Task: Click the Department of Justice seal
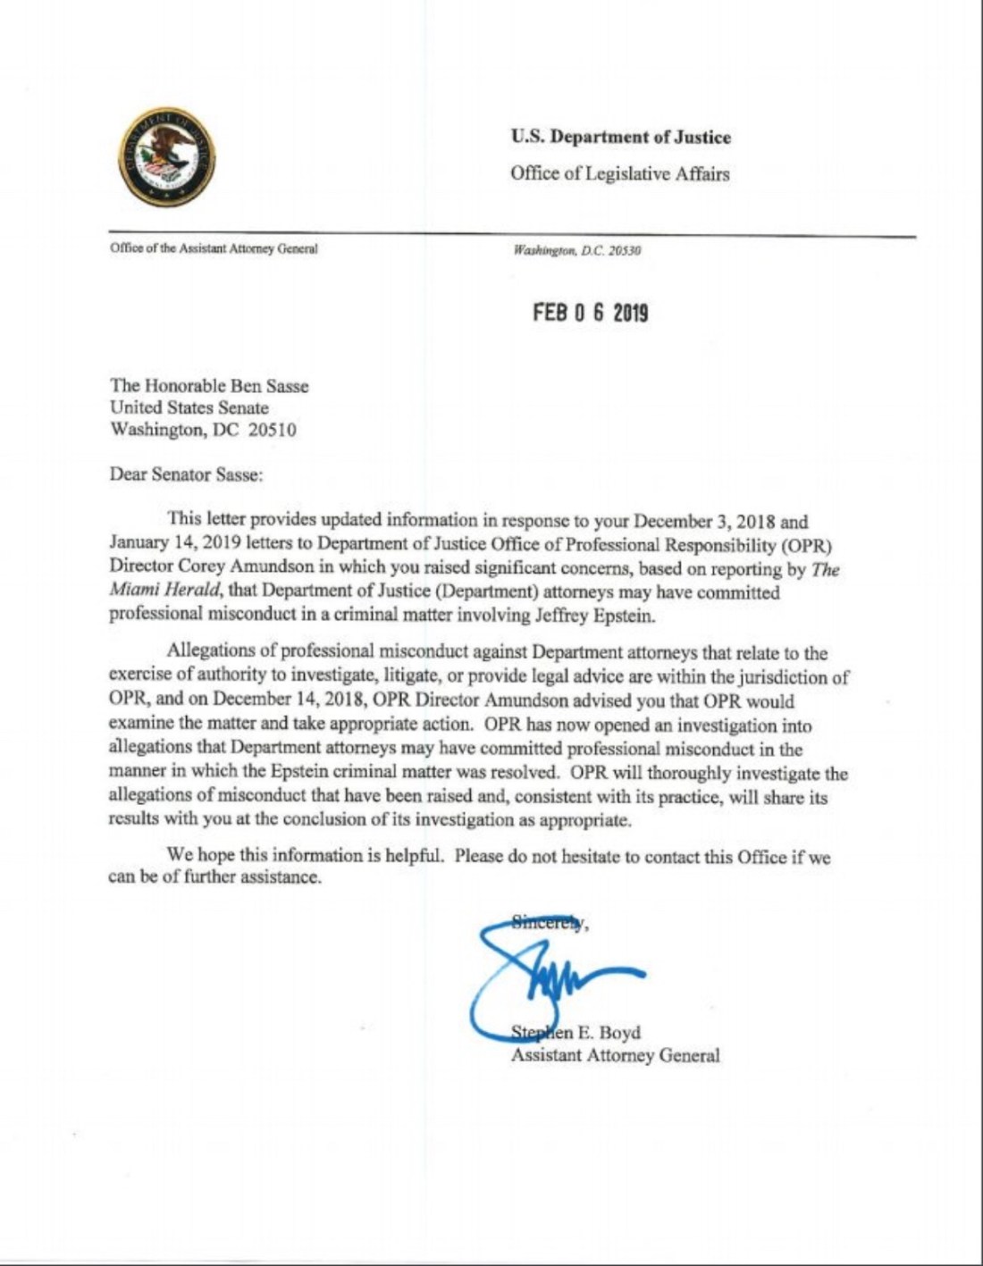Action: coord(166,158)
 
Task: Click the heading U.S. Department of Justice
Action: coord(620,137)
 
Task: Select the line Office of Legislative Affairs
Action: coord(619,173)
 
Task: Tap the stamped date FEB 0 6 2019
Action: coord(590,313)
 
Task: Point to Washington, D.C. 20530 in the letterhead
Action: coord(576,251)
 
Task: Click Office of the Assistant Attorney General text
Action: coord(214,248)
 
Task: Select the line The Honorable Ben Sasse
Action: coord(209,386)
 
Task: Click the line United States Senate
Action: coord(189,407)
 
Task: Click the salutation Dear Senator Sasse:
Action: coord(186,474)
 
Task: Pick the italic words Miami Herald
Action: coord(164,591)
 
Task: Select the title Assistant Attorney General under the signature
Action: coord(615,1055)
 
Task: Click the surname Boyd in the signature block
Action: coord(619,1033)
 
